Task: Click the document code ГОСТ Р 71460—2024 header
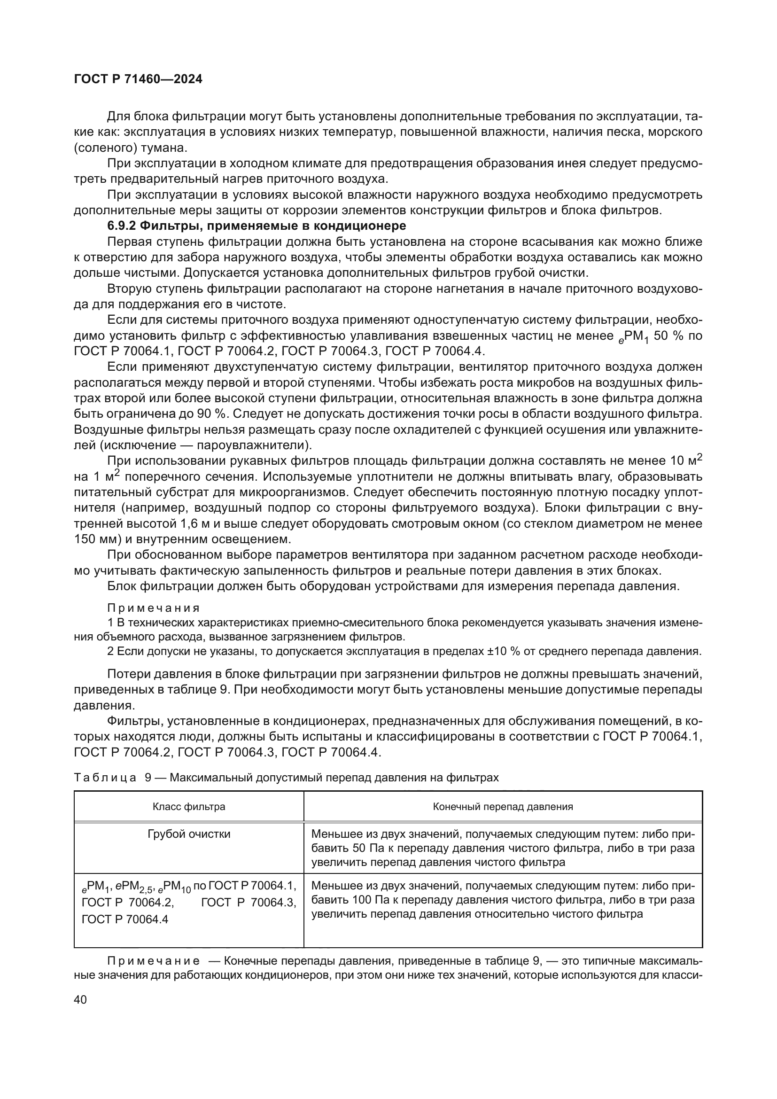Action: (x=138, y=79)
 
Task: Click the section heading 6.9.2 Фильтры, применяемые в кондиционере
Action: (x=256, y=226)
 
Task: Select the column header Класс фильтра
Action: (x=188, y=807)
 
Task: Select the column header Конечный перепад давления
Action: (x=502, y=807)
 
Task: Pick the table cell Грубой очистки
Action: (x=188, y=834)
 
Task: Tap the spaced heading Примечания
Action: (x=153, y=608)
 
